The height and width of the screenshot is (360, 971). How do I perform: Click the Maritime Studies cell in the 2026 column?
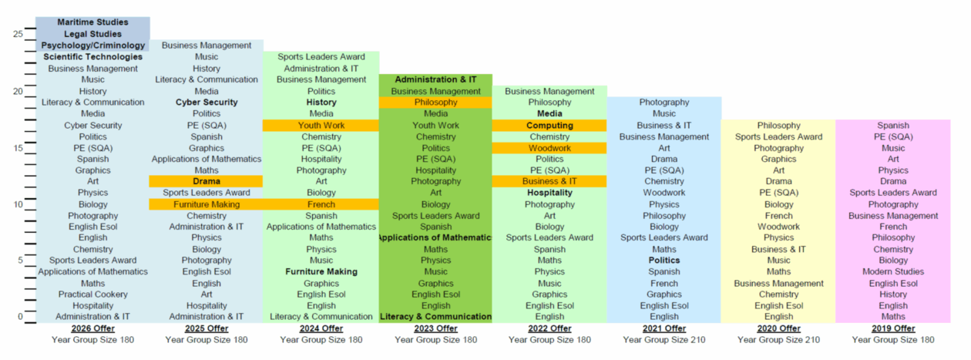[92, 22]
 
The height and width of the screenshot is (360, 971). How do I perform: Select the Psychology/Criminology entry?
[92, 45]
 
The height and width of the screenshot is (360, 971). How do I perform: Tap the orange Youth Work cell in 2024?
[321, 126]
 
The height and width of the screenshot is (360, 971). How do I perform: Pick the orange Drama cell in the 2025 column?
[207, 181]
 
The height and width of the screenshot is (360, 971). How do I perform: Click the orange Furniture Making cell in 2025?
[207, 204]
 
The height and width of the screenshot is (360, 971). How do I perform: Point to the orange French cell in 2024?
[321, 204]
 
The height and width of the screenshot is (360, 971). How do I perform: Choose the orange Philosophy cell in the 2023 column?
[435, 103]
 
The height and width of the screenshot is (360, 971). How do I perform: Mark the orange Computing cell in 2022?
[549, 126]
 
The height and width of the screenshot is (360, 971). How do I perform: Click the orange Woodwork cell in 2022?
[549, 148]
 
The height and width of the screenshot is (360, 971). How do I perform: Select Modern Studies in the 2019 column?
[893, 271]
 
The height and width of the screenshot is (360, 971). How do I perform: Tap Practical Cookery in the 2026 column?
[92, 294]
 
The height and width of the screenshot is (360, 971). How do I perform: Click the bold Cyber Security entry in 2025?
[207, 103]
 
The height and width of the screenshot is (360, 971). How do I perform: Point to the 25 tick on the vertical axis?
[18, 34]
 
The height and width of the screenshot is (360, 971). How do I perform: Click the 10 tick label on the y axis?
[18, 204]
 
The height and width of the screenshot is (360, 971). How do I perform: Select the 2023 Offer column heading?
[435, 328]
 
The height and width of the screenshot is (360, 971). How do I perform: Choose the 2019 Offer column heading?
[893, 328]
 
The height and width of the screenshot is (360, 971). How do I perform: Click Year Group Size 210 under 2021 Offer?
[664, 340]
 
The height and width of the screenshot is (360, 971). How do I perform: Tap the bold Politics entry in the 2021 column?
[664, 261]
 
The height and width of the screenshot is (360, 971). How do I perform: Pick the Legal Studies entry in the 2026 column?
[92, 34]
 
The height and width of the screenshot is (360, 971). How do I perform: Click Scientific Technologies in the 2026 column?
[92, 57]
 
